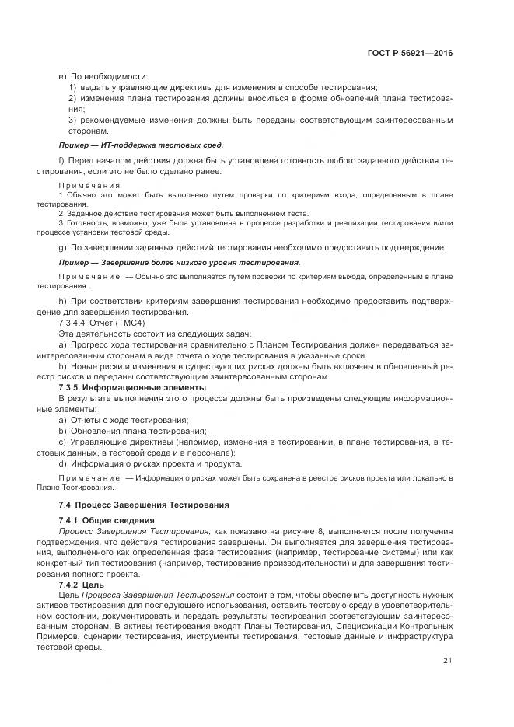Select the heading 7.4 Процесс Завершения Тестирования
point(144,505)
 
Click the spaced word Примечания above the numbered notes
point(89,185)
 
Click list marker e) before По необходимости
point(62,76)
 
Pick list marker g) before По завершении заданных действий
point(62,248)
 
